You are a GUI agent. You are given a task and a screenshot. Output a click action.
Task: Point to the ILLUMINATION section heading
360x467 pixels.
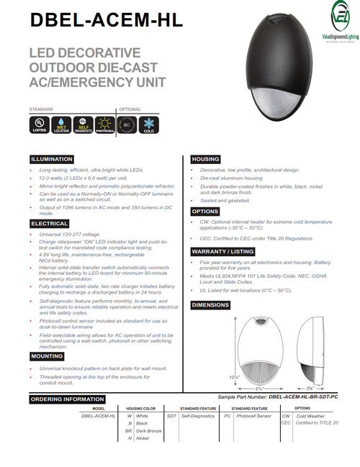(x=51, y=159)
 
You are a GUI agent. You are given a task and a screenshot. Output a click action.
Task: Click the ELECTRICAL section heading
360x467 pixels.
(x=50, y=224)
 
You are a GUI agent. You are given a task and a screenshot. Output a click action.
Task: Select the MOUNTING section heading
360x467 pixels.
(x=47, y=355)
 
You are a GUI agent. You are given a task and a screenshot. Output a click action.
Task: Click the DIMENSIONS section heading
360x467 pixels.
(x=211, y=305)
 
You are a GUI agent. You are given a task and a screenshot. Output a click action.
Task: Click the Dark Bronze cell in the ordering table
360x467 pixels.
(x=148, y=432)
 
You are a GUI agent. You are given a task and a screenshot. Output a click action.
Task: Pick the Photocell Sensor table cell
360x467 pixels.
(x=253, y=416)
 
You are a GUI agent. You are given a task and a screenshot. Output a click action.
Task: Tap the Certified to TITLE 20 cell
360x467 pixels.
(x=316, y=424)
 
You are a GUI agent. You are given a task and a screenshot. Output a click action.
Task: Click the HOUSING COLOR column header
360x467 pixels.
(x=141, y=407)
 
